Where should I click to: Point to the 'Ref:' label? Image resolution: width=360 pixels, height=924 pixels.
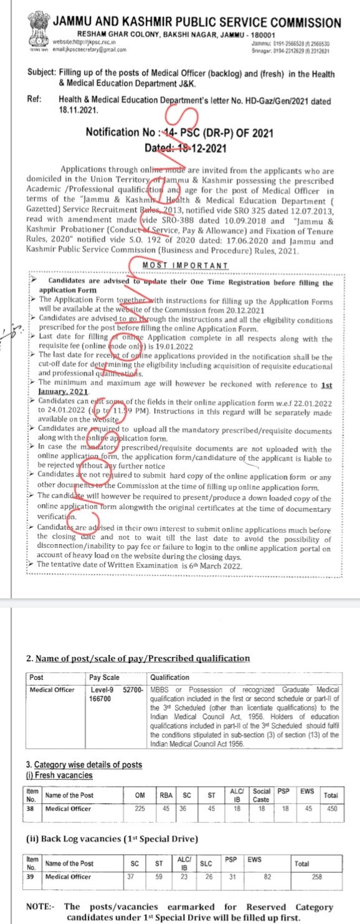coord(35,99)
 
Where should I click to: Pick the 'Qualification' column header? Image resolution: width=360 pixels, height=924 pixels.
coord(169,677)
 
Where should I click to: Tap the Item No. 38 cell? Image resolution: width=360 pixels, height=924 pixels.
coord(31,808)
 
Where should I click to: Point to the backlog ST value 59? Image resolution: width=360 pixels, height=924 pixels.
coord(158,876)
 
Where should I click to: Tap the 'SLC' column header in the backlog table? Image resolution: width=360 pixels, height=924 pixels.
coord(208,864)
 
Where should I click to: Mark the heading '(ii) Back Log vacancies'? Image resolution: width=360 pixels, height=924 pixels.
coord(76,838)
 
